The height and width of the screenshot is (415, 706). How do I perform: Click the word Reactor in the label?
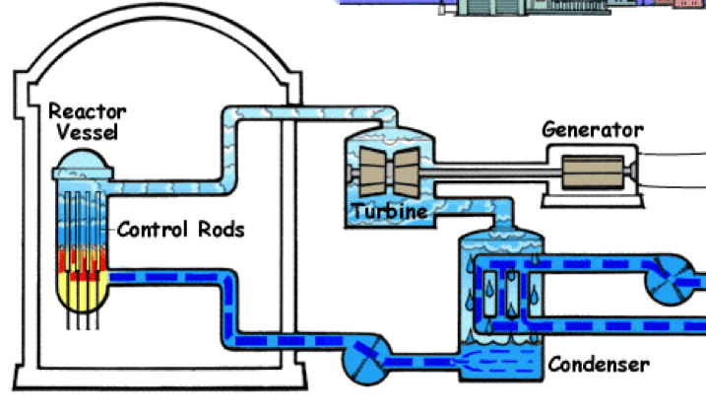(x=88, y=111)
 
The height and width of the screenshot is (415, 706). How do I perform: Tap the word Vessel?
(x=88, y=132)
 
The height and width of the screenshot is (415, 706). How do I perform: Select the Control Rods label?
(x=180, y=230)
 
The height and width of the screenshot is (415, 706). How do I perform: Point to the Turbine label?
(x=389, y=211)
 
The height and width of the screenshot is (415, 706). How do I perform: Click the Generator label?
(x=593, y=130)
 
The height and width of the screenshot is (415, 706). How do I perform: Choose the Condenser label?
(x=599, y=364)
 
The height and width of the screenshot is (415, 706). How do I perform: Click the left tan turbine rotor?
(x=372, y=173)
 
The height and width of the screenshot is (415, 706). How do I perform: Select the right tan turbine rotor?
(x=407, y=173)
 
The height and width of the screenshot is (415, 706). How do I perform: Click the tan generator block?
(x=593, y=172)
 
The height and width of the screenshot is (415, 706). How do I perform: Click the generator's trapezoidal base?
(x=593, y=201)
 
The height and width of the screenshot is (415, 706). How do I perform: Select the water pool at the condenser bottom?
(x=500, y=362)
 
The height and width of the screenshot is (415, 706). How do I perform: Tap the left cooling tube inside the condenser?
(x=490, y=294)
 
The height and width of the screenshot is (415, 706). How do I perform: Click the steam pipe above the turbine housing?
(x=311, y=112)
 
